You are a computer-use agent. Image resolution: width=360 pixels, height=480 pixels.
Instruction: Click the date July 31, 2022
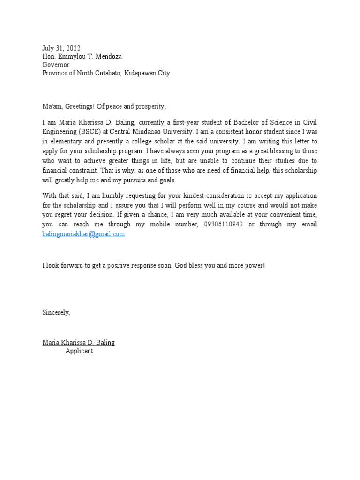coord(61,48)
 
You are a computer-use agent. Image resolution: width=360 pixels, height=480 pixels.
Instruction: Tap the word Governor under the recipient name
coord(56,65)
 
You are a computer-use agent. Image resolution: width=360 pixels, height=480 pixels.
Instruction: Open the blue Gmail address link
coord(84,233)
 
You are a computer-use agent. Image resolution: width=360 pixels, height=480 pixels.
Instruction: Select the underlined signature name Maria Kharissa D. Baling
coord(78,342)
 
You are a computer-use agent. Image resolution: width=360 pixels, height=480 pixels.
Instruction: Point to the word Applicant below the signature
coord(79,351)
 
